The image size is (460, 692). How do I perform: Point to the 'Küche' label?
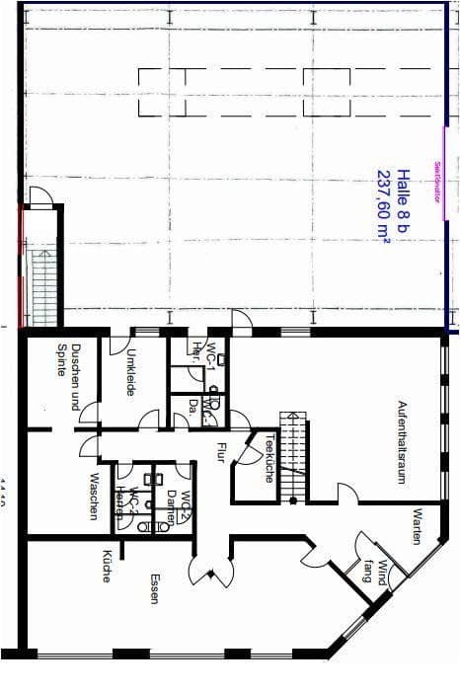pyautogui.click(x=107, y=566)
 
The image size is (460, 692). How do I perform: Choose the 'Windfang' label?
pyautogui.click(x=373, y=572)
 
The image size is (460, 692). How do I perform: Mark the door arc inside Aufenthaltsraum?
pyautogui.click(x=346, y=493)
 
